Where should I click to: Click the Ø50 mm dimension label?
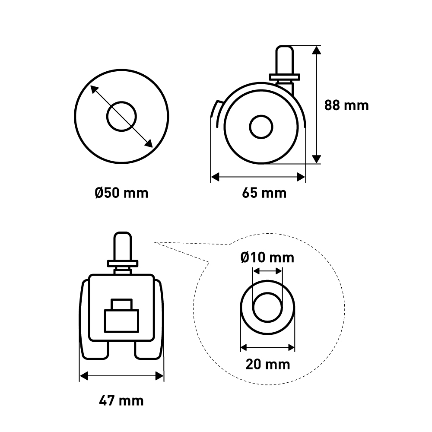tap(121, 193)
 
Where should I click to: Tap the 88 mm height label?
tap(346, 105)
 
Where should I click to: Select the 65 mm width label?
tap(264, 193)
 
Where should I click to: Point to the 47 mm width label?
tap(121, 400)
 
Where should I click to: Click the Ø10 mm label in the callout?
tap(267, 257)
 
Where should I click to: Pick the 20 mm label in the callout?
tap(268, 364)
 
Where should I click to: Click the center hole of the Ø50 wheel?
tap(121, 117)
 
